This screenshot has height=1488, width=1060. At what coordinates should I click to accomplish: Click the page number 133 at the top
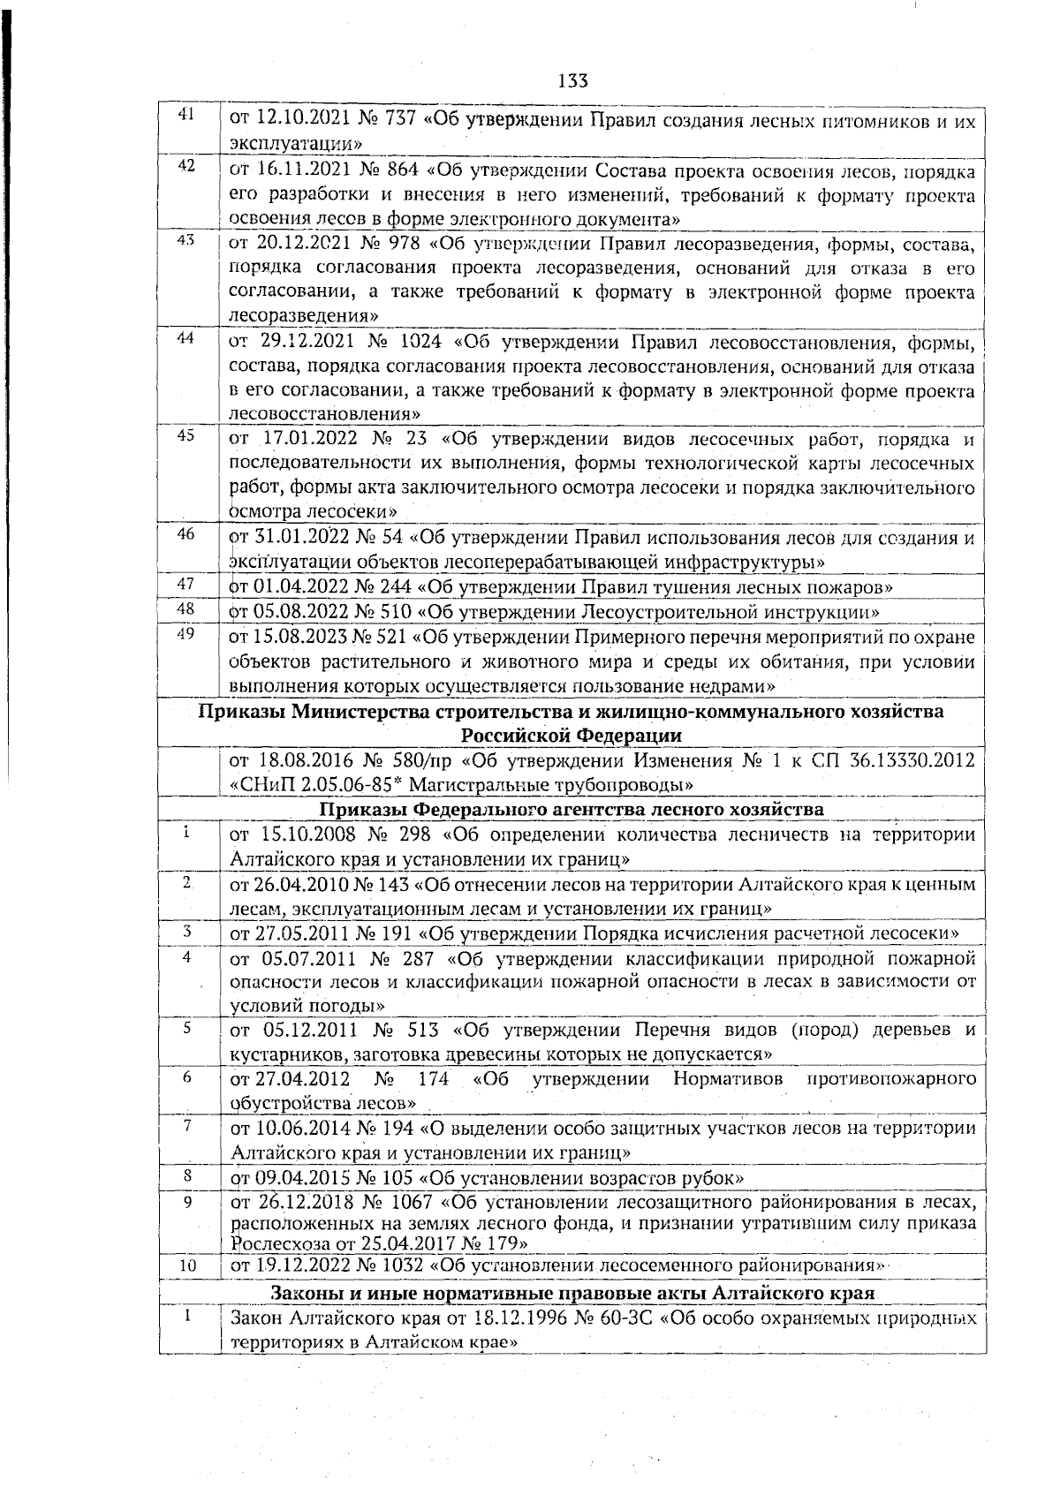coord(573,80)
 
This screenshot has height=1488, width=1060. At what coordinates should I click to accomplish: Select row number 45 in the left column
coord(186,434)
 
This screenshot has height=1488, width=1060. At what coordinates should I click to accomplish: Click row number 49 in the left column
coord(186,632)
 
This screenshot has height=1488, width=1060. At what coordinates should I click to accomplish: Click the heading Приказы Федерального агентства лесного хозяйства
coord(572,809)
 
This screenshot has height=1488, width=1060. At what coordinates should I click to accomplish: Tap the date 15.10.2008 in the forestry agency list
coord(306,835)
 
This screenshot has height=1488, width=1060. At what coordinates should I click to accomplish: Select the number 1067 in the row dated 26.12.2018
coord(413,1202)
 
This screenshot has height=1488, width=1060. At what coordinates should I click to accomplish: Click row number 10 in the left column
coord(187,1266)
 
